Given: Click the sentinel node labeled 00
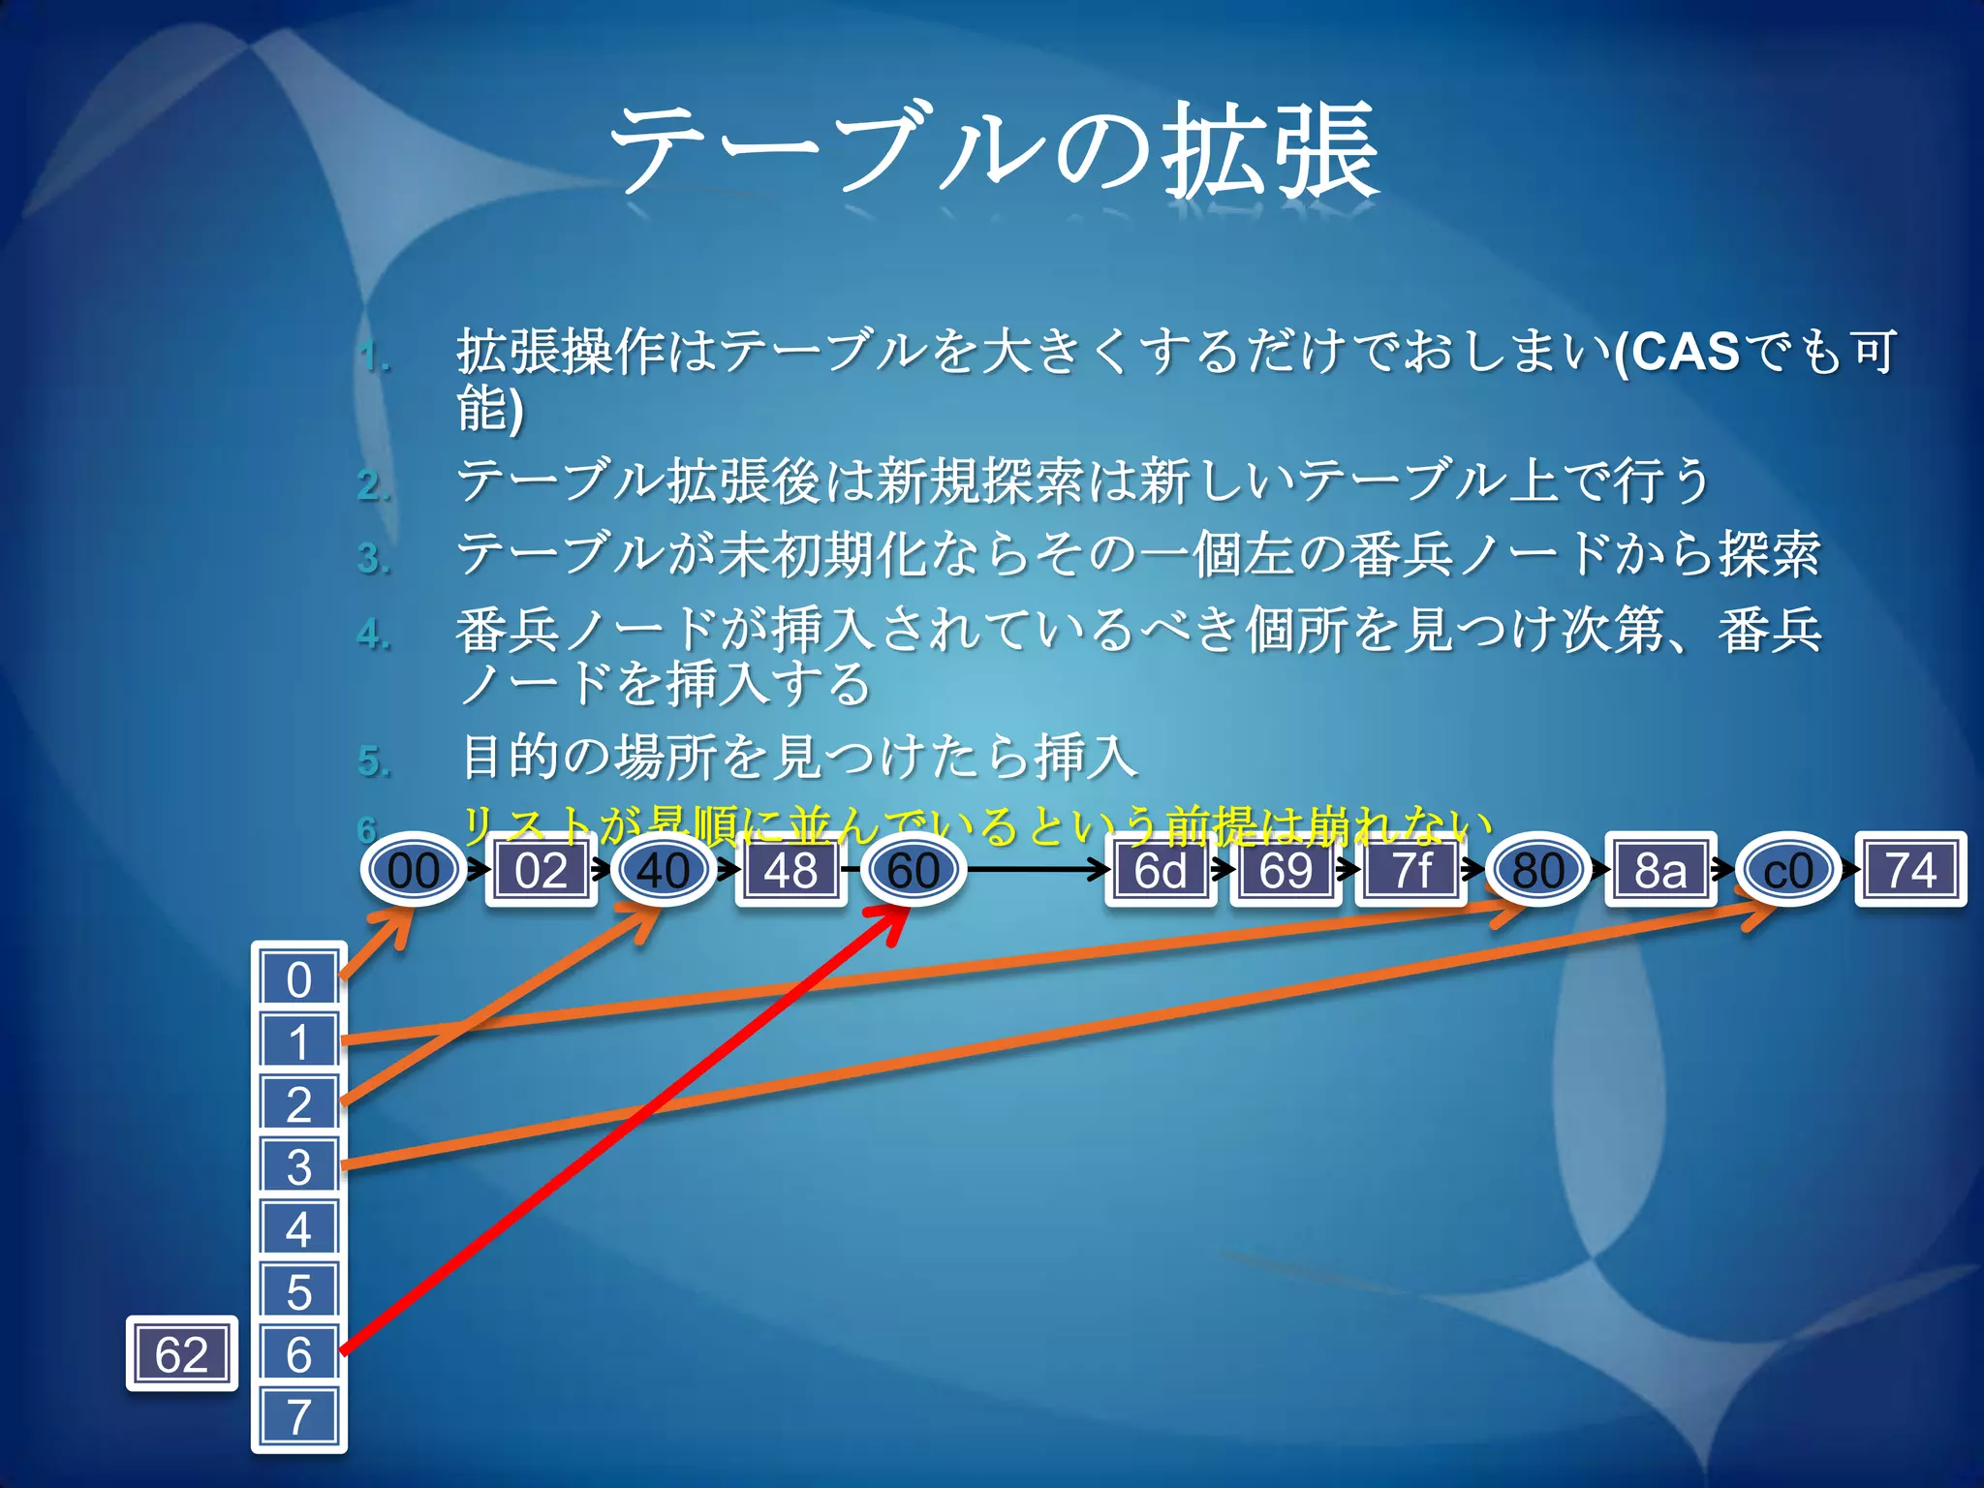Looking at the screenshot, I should pos(414,870).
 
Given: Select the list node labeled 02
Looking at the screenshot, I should pos(541,870).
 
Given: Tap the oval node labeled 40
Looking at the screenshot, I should pos(664,870).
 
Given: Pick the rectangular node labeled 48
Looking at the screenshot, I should pos(790,870).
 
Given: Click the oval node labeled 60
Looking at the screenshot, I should pos(914,870).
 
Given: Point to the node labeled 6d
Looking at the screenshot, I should pos(1161,870).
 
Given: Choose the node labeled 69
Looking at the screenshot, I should pos(1286,870).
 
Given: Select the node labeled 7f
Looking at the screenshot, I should pos(1410,870).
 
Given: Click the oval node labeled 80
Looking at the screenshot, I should pos(1537,870).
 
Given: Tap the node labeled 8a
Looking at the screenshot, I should pos(1660,870).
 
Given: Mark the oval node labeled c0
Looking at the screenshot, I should pos(1787,870).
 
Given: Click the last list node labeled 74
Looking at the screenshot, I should pos(1910,870).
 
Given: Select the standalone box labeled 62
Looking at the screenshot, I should pos(182,1353).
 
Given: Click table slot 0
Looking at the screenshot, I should pos(299,979).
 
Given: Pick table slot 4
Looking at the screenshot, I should pos(299,1229).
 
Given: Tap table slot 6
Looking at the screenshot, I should pos(299,1353).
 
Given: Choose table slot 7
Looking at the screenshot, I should pos(299,1416).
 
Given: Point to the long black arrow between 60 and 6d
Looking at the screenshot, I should pos(1037,869).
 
